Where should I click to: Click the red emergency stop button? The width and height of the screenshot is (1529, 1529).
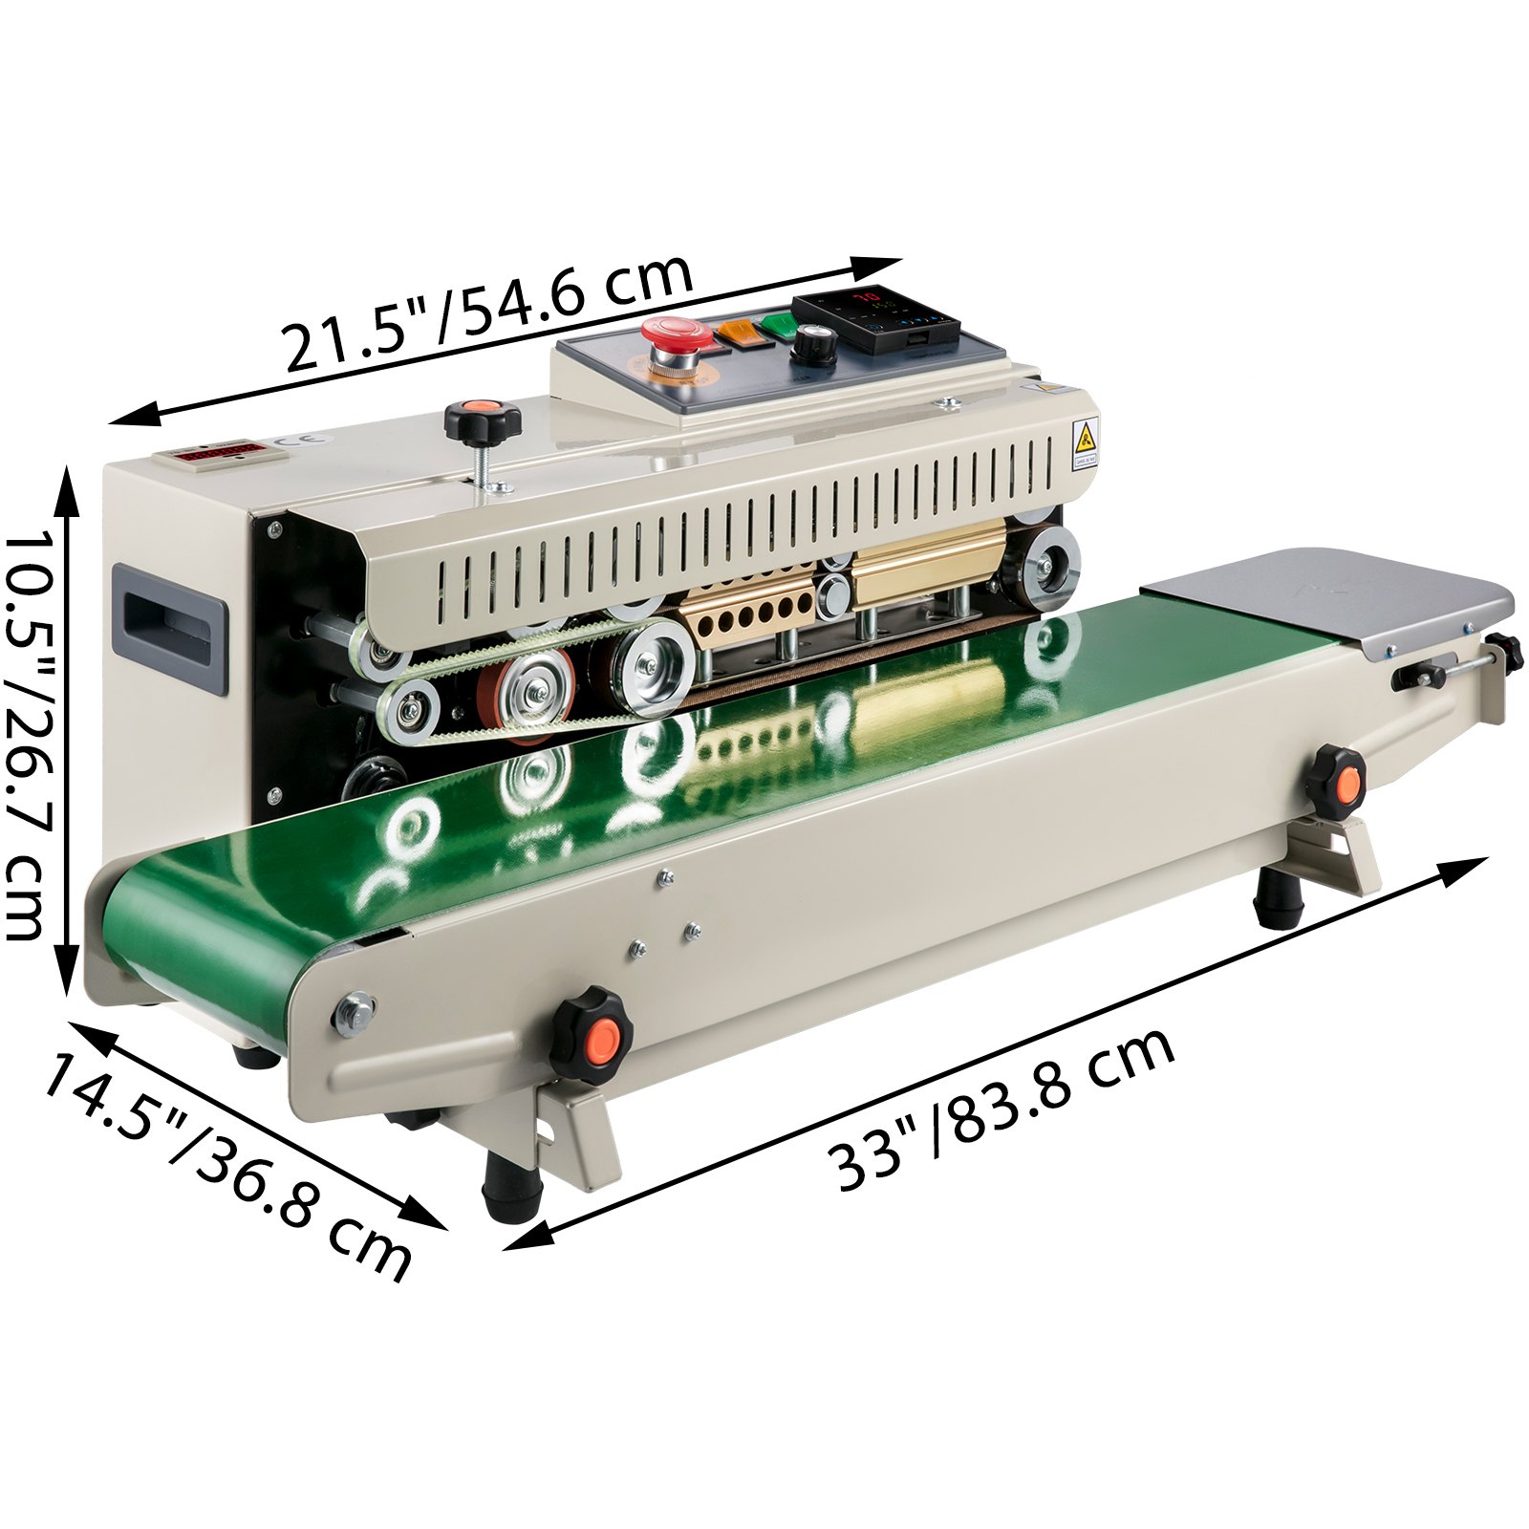677,339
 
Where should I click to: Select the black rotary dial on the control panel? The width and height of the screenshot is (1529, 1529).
814,344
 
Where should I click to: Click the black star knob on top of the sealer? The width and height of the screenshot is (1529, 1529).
483,423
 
